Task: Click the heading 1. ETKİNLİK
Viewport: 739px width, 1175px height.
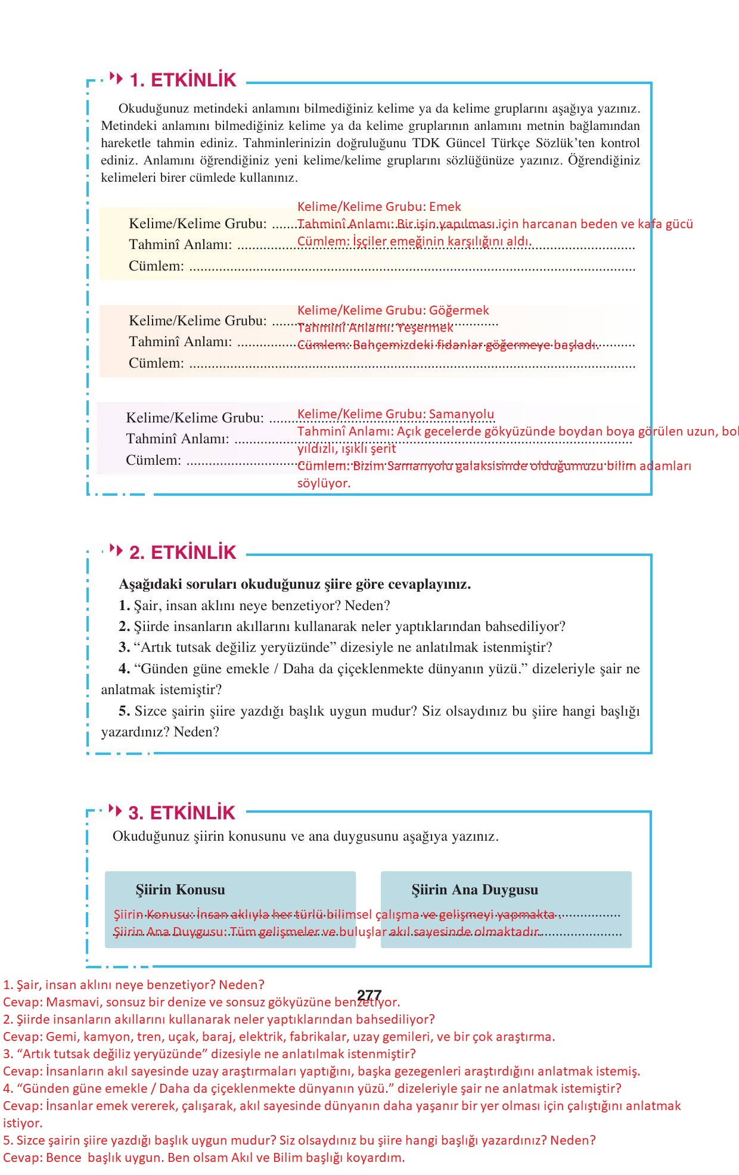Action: [x=183, y=80]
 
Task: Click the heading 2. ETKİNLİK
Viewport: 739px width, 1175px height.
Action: [x=183, y=552]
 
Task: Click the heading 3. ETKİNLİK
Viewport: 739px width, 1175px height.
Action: [x=182, y=813]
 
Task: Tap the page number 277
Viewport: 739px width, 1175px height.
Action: [x=369, y=996]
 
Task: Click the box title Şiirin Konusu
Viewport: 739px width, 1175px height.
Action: [x=180, y=890]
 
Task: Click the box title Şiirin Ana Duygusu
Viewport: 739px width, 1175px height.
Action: [x=474, y=890]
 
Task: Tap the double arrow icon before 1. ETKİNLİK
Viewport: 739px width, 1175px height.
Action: [x=116, y=78]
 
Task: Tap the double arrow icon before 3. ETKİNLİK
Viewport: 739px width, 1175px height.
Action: [x=115, y=810]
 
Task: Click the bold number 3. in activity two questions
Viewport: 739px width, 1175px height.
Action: [x=124, y=648]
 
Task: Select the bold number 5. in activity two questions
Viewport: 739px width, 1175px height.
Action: [x=124, y=711]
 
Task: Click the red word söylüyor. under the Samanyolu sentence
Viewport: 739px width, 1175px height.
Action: [x=324, y=483]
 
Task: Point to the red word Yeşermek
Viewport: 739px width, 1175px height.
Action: [x=426, y=328]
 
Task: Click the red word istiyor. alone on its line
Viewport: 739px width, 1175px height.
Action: [x=23, y=1123]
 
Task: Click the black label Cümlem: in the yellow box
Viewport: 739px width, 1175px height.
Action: [x=156, y=266]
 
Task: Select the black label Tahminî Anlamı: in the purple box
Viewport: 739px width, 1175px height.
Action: [x=177, y=439]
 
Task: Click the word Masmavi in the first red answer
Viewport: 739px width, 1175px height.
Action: [x=73, y=1002]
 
